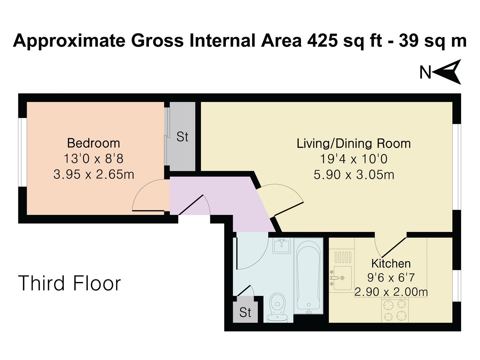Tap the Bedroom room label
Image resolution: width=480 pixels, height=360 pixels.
point(93,143)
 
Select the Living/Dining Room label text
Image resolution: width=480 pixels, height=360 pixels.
point(354,144)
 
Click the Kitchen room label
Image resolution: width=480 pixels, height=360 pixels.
point(391,263)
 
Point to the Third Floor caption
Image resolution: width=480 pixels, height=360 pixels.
point(69,283)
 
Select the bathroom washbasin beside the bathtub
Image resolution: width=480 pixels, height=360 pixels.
point(281,246)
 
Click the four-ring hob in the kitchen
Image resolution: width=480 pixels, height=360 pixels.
point(395,310)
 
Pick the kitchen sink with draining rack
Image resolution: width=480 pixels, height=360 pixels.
point(341,271)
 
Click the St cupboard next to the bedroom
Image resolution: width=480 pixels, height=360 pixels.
point(182,137)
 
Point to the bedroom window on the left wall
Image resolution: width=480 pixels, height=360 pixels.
point(22,152)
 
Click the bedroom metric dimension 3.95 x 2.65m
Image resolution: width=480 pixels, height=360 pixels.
point(94,174)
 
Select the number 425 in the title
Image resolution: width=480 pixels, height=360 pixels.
point(321,41)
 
